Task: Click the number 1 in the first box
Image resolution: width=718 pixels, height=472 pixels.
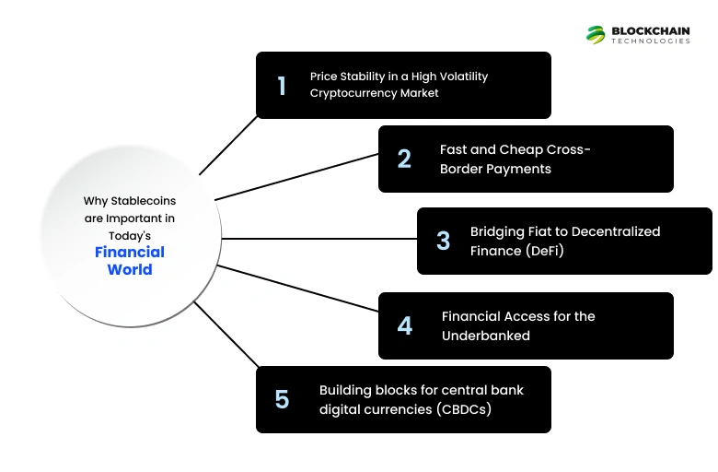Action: click(282, 86)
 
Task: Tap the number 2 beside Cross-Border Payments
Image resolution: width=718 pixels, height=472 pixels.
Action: click(404, 159)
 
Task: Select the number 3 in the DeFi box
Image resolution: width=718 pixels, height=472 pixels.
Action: click(443, 241)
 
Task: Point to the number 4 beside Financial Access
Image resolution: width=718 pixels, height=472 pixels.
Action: click(404, 325)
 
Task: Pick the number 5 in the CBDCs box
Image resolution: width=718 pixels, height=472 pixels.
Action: click(282, 399)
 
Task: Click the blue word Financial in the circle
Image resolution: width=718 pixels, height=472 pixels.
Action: click(130, 252)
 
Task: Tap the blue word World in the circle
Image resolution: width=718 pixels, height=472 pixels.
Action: click(130, 269)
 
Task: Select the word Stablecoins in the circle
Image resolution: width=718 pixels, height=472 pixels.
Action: click(143, 200)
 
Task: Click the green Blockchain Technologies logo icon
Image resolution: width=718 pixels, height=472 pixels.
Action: click(596, 34)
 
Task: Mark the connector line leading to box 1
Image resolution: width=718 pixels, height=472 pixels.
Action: click(228, 146)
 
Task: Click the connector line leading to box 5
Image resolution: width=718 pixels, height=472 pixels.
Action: click(226, 334)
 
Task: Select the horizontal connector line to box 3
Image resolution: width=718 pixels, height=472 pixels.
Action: click(318, 239)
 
